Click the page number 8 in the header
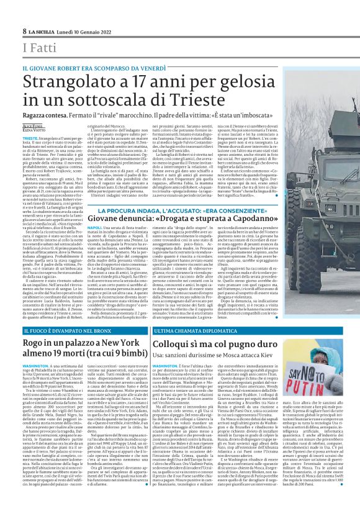[x=24, y=30]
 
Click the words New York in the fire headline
[x=120, y=343]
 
